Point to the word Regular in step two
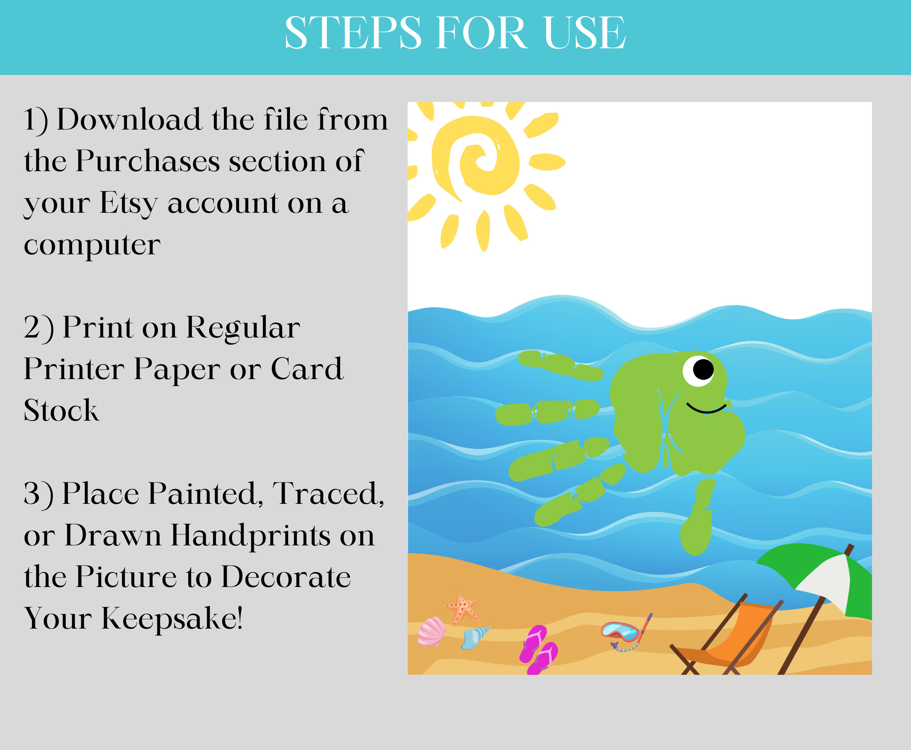243,328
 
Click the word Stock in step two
61,410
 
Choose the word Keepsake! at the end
172,619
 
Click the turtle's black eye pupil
703,369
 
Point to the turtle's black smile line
706,409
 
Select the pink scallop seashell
431,632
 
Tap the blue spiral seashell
474,637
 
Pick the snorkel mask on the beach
621,632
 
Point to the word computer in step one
92,245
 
